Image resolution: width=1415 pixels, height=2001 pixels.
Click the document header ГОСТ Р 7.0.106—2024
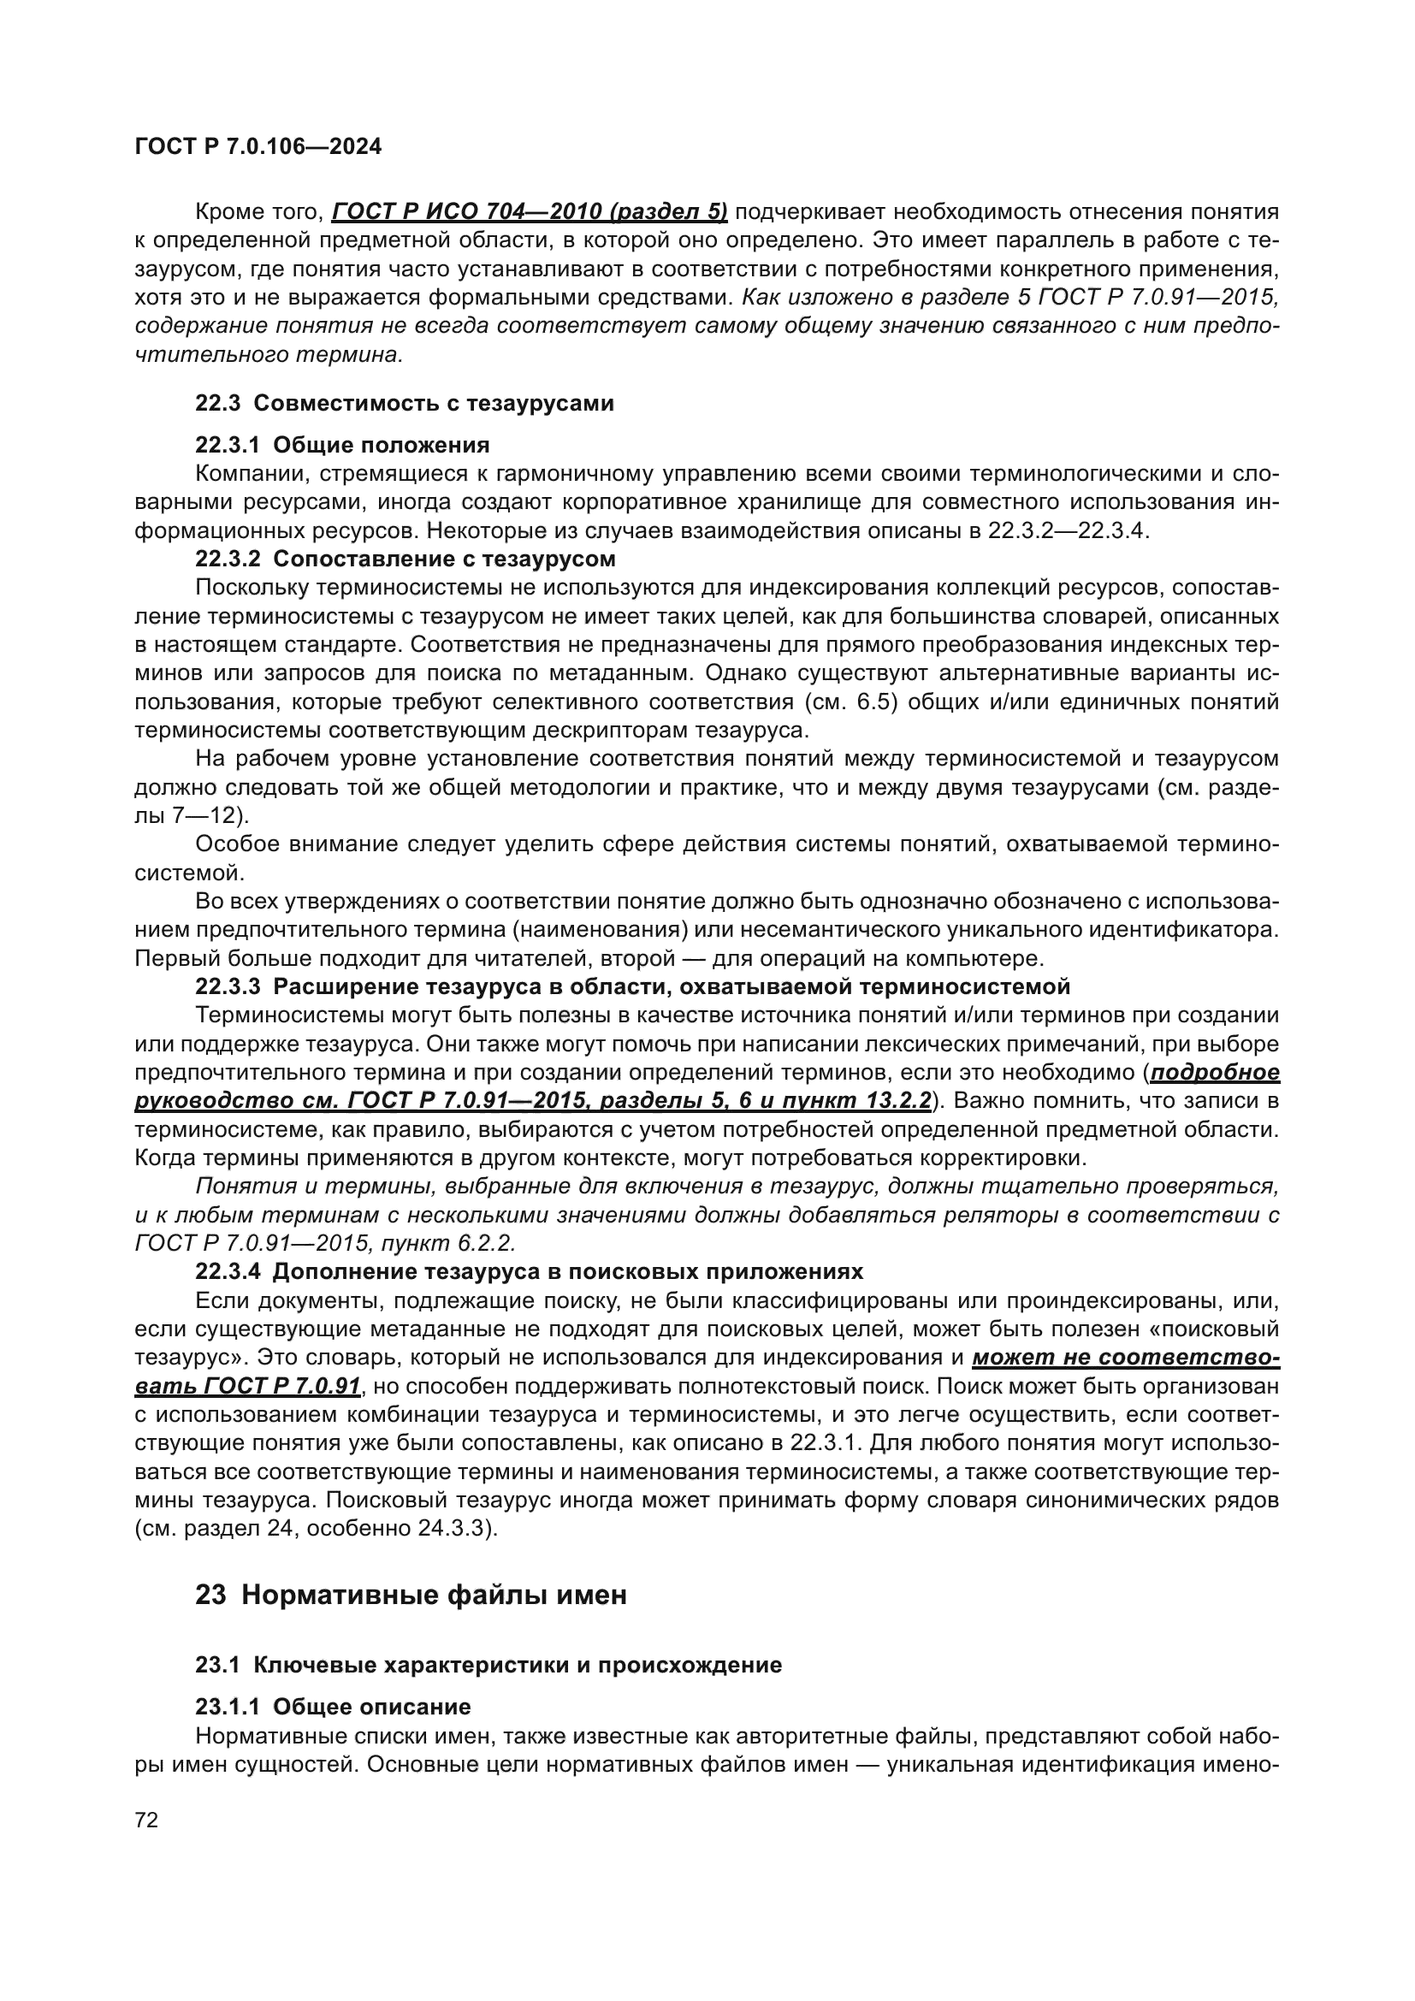click(x=258, y=147)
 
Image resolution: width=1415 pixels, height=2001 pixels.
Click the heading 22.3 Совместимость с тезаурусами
click(x=405, y=404)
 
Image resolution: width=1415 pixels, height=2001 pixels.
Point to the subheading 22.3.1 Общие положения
click(x=341, y=446)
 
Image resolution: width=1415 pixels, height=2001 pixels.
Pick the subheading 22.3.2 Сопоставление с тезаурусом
click(x=406, y=558)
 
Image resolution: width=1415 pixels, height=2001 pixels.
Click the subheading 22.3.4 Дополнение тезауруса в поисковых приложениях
click(x=529, y=1271)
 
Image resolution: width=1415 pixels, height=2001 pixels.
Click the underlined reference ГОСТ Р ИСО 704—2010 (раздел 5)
click(x=530, y=212)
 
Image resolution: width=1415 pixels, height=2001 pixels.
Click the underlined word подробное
click(x=1215, y=1072)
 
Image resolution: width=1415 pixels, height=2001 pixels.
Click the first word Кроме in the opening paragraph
click(x=227, y=212)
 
